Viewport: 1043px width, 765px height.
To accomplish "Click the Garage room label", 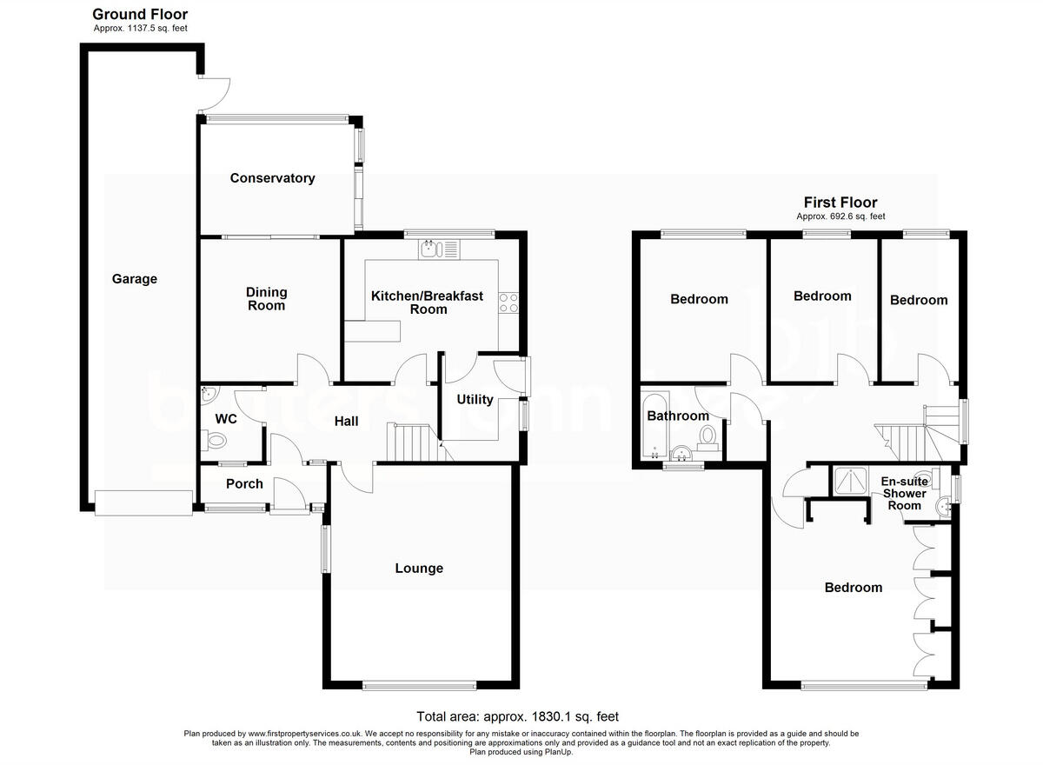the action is tap(135, 279).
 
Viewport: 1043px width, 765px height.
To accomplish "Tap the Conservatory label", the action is tap(272, 178).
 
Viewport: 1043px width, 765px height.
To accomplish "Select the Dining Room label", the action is tap(266, 299).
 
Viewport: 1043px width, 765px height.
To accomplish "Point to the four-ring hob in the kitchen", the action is tap(508, 303).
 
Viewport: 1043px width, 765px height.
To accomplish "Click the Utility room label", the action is tap(475, 400).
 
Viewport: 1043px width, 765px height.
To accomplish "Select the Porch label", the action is tap(244, 484).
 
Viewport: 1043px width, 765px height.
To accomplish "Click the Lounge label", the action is tap(419, 569).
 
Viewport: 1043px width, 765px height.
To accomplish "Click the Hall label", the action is tap(347, 422).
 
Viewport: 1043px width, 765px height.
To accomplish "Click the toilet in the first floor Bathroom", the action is tap(708, 436).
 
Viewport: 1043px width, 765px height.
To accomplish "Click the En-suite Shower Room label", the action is tap(904, 493).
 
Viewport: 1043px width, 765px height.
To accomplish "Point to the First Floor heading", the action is tap(840, 203).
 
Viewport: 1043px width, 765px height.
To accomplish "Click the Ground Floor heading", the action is tap(140, 14).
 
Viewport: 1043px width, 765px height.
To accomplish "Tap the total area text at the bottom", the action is tap(517, 717).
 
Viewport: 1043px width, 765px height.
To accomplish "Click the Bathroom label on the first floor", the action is tap(678, 416).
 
